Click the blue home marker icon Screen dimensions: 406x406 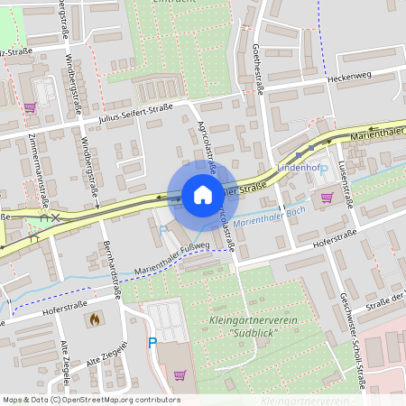pos(203,194)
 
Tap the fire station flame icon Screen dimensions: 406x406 pos(93,319)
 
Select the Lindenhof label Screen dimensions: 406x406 pos(299,168)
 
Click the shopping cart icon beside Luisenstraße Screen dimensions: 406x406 pos(326,197)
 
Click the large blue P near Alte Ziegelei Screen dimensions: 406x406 pos(152,343)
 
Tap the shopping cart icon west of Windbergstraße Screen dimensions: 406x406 pos(30,107)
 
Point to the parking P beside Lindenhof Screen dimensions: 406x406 pos(323,169)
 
